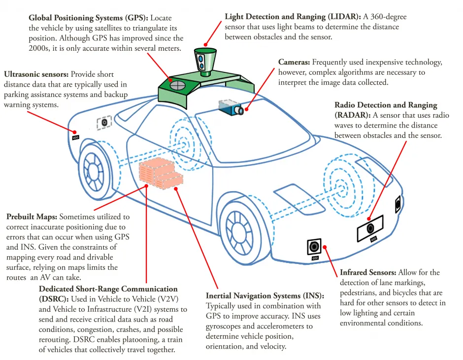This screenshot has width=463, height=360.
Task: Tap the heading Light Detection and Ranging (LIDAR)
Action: click(296, 17)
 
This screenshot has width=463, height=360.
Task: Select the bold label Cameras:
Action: click(294, 63)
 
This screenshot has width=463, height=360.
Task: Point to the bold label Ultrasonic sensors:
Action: click(36, 74)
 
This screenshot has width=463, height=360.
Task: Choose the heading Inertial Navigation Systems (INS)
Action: click(265, 296)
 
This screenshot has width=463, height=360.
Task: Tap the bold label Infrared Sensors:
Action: click(368, 272)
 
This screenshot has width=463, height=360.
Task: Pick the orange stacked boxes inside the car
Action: click(159, 174)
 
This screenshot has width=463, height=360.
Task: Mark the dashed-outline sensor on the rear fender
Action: click(104, 122)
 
